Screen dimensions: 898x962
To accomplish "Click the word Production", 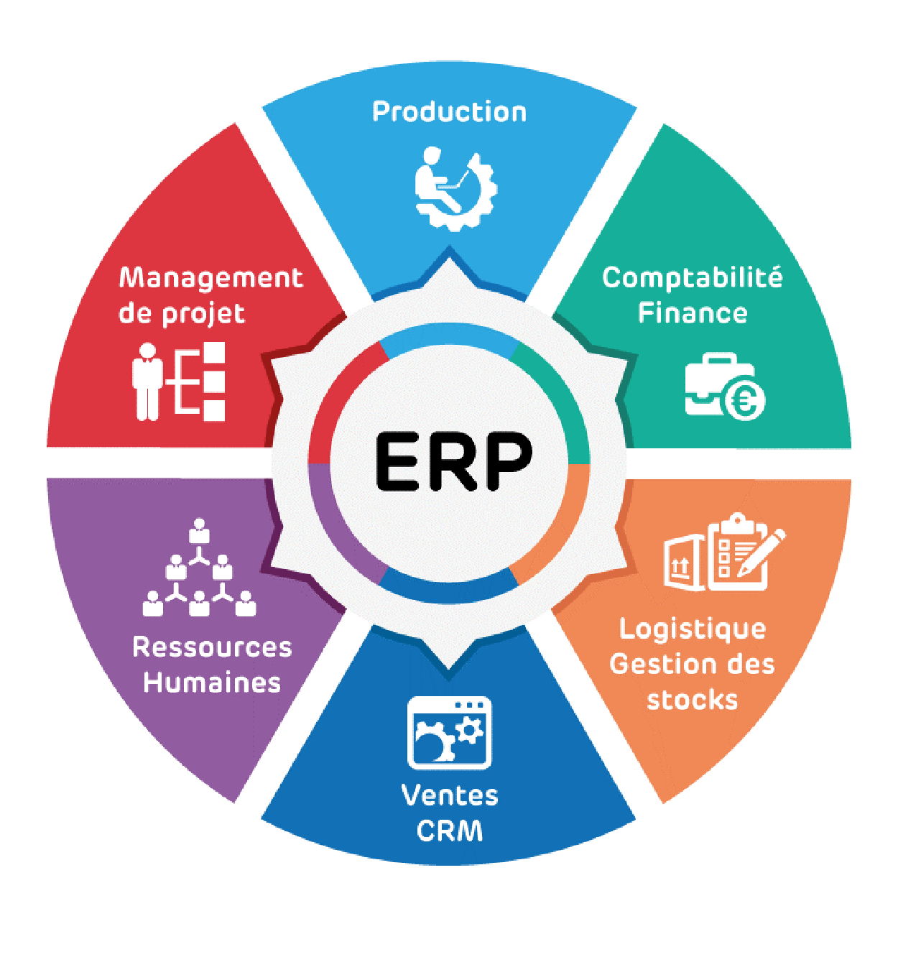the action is [x=449, y=112].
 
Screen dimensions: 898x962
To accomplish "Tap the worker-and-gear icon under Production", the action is [x=455, y=188].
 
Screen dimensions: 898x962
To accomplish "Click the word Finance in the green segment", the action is [x=692, y=313].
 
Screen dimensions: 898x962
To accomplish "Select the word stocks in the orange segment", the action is [x=692, y=700].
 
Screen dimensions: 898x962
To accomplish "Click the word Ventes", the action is [x=450, y=795].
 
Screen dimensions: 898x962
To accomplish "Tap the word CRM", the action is [x=450, y=831].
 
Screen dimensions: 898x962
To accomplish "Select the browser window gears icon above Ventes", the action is [x=449, y=733].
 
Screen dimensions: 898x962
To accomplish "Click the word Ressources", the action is [x=212, y=647].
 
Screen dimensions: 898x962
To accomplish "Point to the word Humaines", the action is [x=212, y=683].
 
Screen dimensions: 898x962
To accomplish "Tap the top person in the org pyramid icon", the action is [x=199, y=532].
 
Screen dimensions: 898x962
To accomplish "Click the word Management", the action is [x=210, y=279].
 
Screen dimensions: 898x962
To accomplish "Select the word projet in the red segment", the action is [x=203, y=315].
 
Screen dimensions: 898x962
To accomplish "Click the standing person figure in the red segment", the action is [x=147, y=381].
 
